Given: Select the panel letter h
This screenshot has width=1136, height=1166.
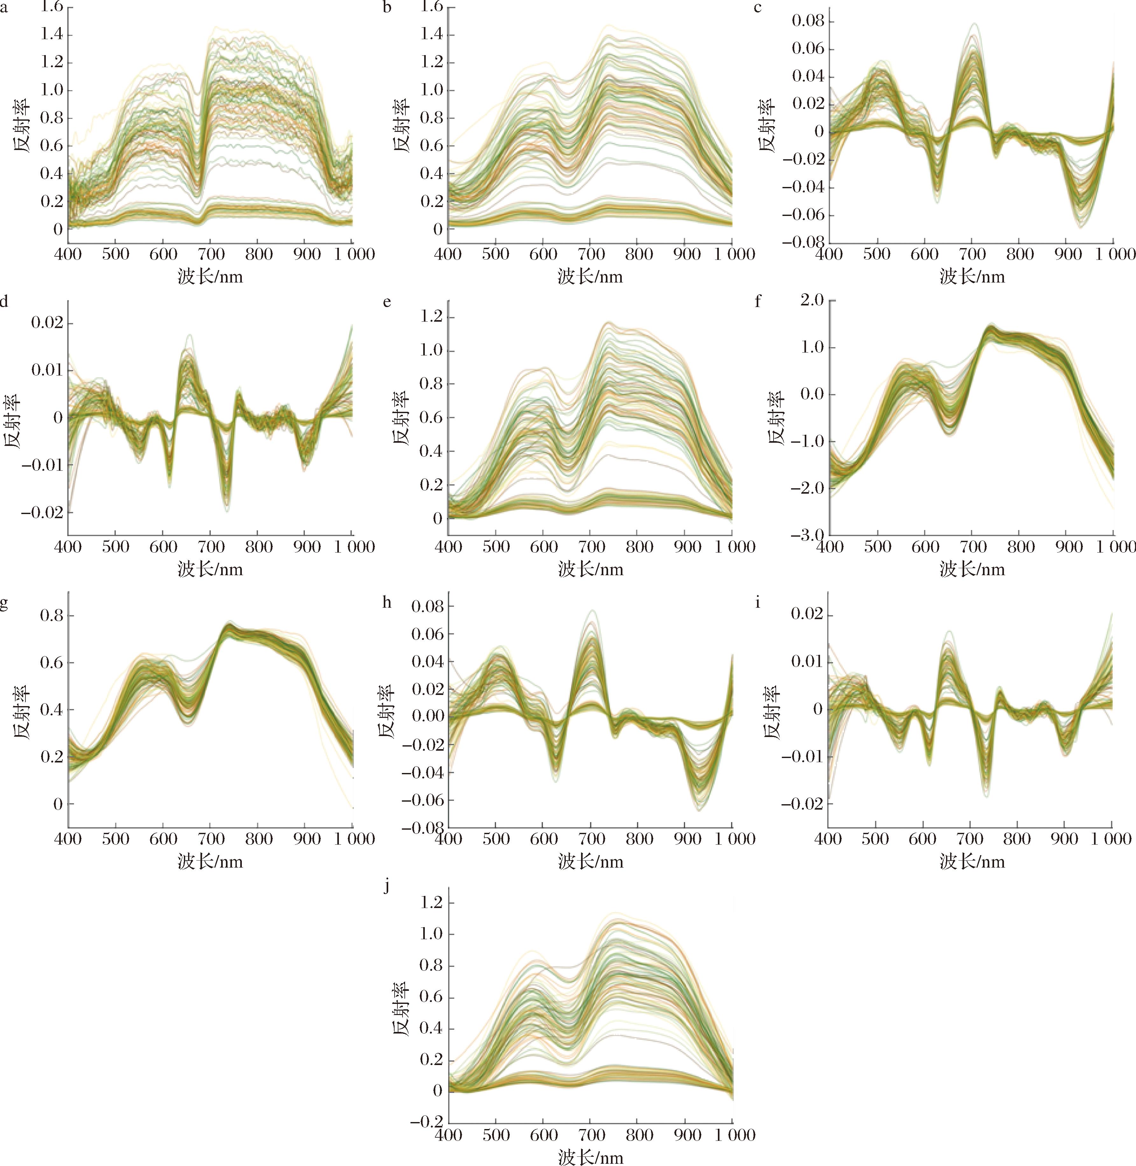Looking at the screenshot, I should coord(387,602).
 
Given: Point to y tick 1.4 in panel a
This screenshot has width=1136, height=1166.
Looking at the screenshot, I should coord(51,35).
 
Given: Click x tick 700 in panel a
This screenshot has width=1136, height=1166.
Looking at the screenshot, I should coord(211,254).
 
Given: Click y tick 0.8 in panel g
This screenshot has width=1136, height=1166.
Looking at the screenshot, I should coord(51,616).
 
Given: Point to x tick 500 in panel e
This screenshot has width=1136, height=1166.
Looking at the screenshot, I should coord(496,547).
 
